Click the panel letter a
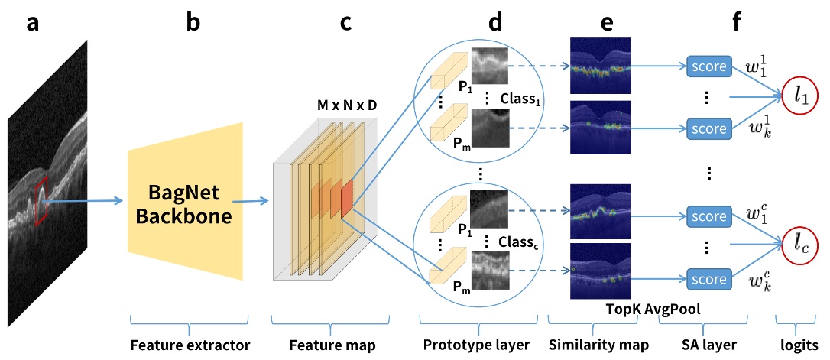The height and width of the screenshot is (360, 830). (33, 23)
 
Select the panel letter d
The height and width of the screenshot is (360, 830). (495, 23)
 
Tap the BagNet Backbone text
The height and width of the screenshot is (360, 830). (183, 205)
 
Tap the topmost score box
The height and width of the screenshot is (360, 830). (708, 67)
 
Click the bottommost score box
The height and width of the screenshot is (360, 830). (708, 277)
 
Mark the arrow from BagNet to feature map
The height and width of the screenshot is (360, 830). (251, 201)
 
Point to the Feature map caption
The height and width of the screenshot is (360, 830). (332, 345)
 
